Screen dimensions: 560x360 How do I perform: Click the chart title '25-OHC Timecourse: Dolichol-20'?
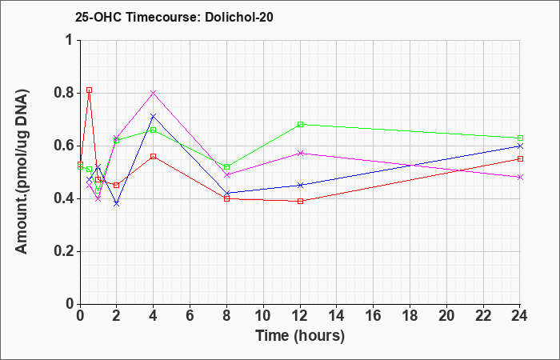174,17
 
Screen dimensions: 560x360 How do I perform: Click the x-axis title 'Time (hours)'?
300,336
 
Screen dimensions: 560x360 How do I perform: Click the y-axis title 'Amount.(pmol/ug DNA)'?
22,172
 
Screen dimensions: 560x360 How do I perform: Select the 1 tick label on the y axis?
71,40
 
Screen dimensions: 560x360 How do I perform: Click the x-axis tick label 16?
374,316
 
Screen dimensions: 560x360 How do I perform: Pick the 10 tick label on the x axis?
263,316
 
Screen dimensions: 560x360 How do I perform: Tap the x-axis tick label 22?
483,316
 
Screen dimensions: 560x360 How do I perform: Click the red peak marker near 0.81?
90,90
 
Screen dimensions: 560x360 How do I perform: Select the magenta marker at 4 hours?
154,93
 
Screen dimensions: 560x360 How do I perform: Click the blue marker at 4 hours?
154,117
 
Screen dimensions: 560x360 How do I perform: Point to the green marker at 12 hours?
300,124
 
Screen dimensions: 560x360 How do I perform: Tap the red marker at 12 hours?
300,201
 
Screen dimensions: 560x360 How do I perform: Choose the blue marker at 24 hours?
520,146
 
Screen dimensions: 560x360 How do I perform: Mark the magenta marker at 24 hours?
520,177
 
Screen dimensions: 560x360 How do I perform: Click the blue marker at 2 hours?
117,203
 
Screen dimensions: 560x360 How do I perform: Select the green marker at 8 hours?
226,166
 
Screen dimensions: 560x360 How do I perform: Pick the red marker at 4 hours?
154,156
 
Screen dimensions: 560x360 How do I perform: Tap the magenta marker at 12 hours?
300,154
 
